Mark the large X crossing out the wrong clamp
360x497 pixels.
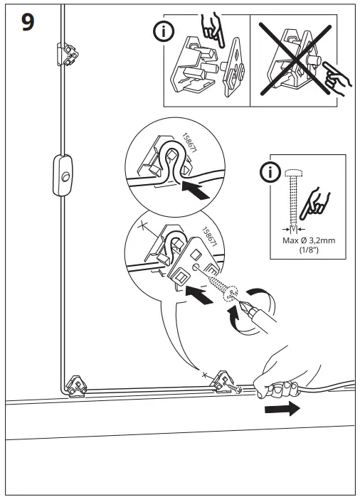click(x=298, y=58)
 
